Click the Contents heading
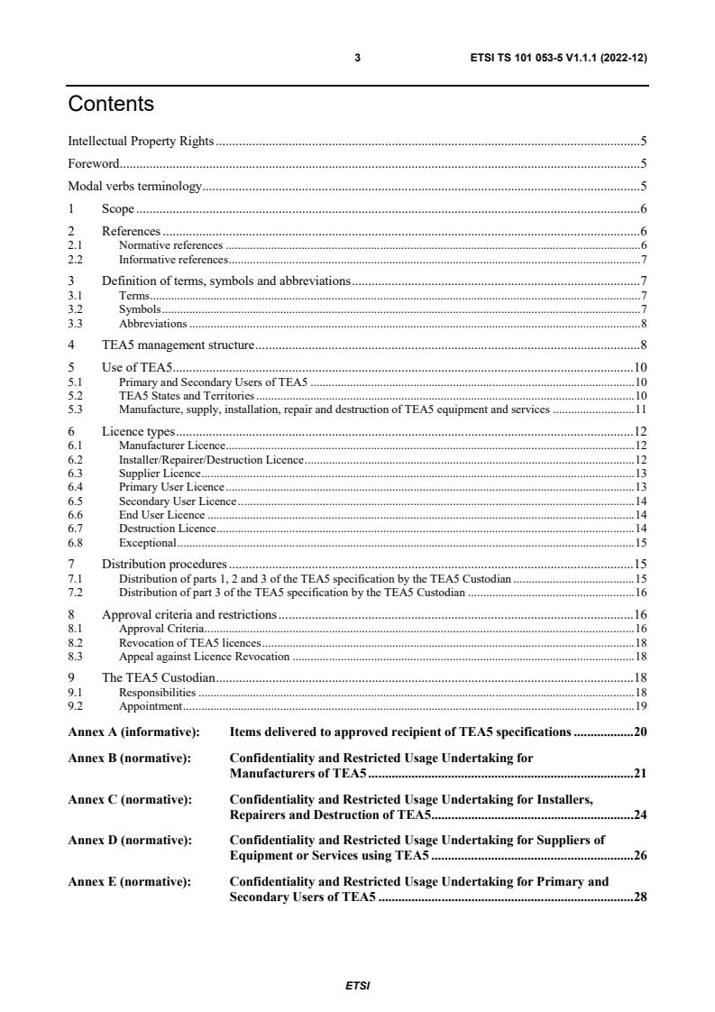(111, 105)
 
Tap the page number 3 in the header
(357, 58)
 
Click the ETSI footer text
(357, 985)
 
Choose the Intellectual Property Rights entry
(141, 141)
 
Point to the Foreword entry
(94, 163)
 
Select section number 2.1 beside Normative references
(76, 245)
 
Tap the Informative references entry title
(173, 259)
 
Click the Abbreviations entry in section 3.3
(152, 323)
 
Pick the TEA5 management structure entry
(178, 345)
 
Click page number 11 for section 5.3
(640, 409)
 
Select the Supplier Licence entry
(160, 473)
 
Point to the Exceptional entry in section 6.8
(147, 543)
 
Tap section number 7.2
(76, 592)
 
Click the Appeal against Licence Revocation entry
(204, 656)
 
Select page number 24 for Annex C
(640, 814)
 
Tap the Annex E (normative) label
(130, 881)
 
